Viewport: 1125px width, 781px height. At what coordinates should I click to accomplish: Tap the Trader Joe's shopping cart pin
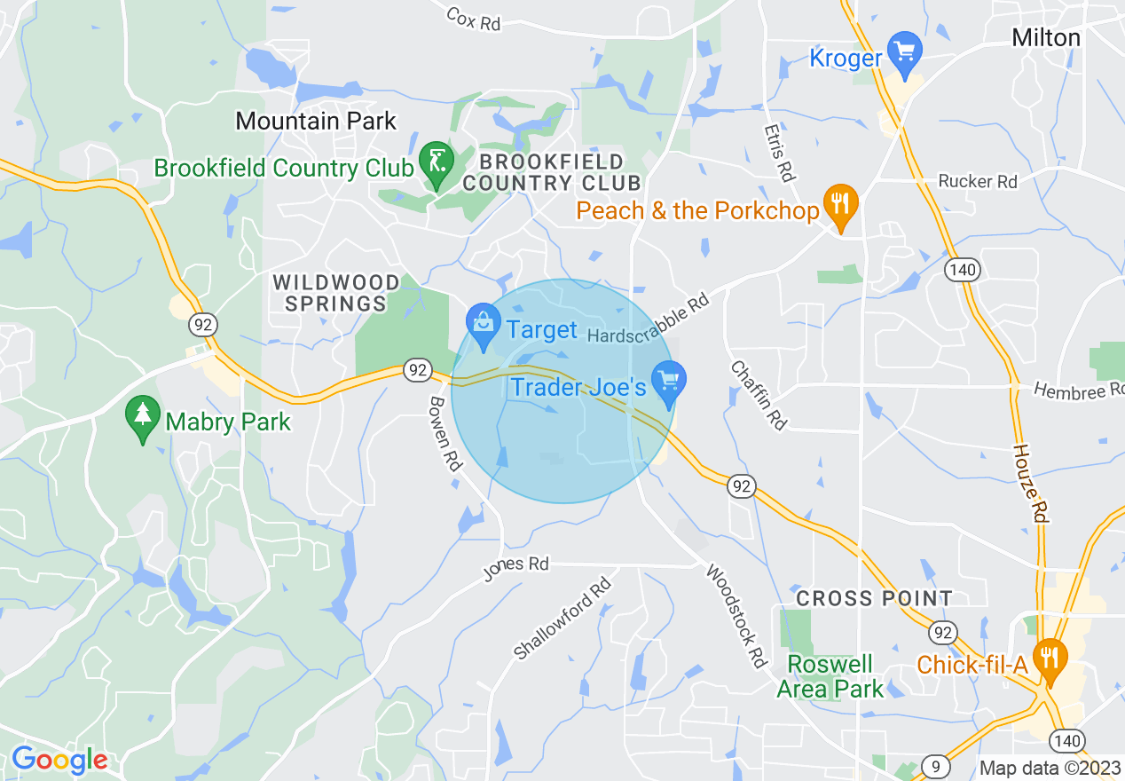click(x=668, y=382)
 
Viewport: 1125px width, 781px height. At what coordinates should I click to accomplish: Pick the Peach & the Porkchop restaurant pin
click(x=839, y=206)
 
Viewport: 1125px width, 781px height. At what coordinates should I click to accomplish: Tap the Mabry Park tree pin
click(x=142, y=419)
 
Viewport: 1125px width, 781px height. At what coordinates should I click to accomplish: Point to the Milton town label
click(x=1046, y=38)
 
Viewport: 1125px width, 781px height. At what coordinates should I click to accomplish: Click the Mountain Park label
click(x=316, y=121)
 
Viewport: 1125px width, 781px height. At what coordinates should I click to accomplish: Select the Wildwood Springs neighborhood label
click(x=335, y=293)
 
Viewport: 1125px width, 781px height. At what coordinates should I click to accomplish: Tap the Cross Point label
click(x=874, y=598)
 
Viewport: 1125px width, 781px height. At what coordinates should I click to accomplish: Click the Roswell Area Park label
click(x=830, y=676)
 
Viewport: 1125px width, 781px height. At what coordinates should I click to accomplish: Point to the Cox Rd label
click(x=474, y=19)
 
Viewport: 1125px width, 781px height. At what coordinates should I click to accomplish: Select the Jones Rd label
click(x=515, y=567)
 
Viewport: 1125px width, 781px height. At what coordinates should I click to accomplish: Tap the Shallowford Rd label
click(x=562, y=619)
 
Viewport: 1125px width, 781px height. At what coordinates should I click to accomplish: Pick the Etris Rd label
click(x=777, y=152)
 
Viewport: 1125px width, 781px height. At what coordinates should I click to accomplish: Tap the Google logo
click(x=59, y=760)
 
